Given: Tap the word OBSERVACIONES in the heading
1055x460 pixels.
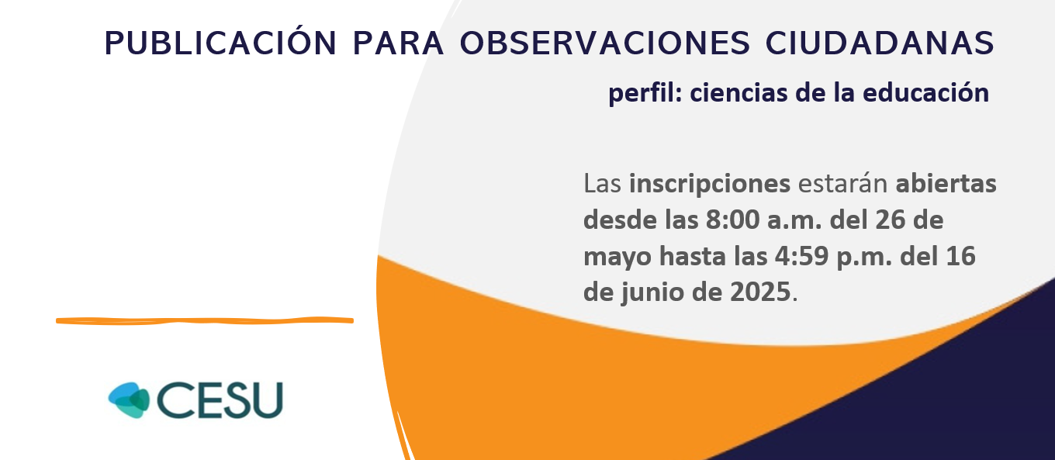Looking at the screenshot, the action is point(605,43).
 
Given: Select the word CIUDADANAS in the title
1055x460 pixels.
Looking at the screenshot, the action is point(880,43).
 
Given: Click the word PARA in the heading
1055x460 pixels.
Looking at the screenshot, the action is point(399,43).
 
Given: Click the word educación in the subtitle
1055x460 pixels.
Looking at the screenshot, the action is point(925,92).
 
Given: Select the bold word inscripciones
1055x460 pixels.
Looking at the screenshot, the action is point(710,184).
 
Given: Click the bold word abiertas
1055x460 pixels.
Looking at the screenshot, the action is point(946,183).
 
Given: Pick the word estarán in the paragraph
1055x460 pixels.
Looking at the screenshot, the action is point(842,183).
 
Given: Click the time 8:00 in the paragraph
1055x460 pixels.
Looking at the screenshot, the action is point(732,220).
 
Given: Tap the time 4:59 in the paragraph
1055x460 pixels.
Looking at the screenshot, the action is point(801,256).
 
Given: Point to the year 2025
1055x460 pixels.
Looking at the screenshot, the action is point(760,292).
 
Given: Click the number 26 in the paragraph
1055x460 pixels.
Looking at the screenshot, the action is point(891,220).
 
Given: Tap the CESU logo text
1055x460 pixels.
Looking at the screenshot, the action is point(220,400).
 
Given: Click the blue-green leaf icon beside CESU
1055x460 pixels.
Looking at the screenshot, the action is point(129,399).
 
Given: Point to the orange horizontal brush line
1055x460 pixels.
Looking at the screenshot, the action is point(205,320).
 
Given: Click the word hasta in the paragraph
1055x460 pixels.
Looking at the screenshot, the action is point(692,256).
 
